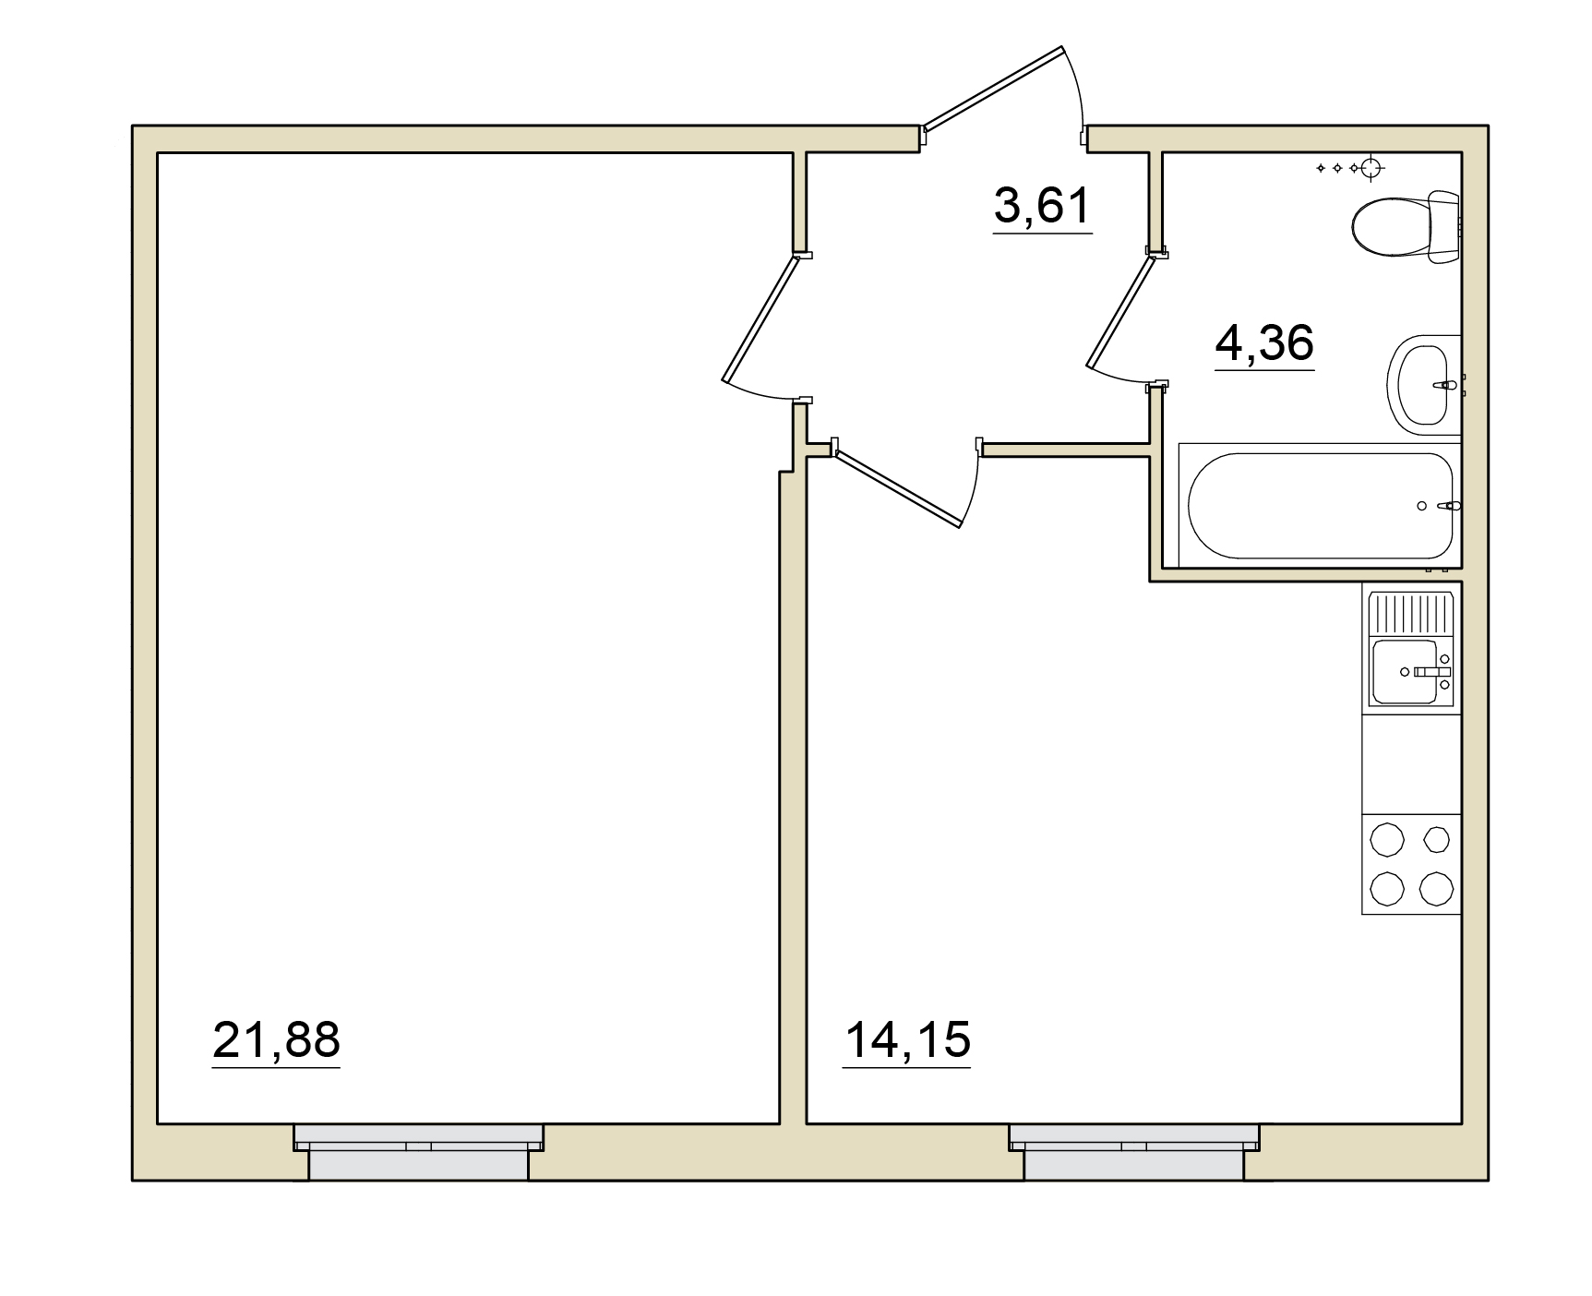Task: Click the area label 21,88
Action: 276,1039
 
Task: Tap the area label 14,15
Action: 907,1039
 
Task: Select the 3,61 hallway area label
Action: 1043,206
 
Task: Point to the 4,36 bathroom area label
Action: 1264,343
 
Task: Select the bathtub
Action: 1321,505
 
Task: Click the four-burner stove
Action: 1411,865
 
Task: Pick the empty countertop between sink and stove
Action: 1411,763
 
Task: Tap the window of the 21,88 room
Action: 418,1151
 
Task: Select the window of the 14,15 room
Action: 1134,1151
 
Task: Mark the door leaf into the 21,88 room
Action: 760,318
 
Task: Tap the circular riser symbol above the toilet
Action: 1371,167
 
